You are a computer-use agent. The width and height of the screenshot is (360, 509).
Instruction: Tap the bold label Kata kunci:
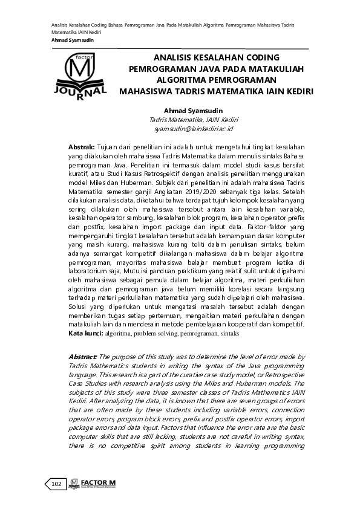pos(86,333)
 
